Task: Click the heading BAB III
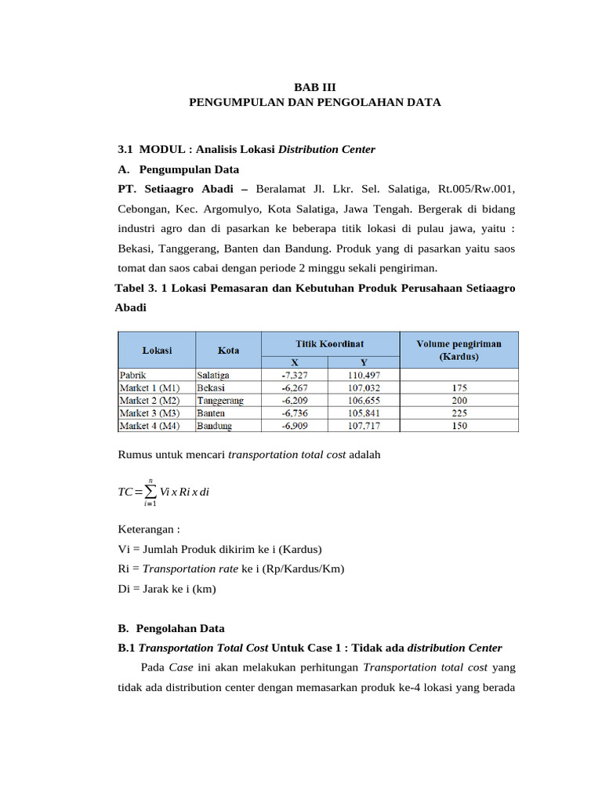[314, 88]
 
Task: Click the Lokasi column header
[157, 350]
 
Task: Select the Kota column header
[228, 350]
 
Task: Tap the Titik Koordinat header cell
[329, 343]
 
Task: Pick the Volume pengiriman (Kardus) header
[459, 350]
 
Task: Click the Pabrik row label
[133, 375]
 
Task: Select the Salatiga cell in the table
[213, 375]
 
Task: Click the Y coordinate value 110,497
[364, 375]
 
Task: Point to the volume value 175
[459, 387]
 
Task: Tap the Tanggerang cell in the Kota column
[220, 400]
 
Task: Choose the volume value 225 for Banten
[459, 412]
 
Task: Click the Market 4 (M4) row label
[149, 425]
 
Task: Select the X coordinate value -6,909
[295, 425]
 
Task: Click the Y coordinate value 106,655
[364, 400]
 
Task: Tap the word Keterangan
[147, 529]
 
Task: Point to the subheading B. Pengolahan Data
[171, 628]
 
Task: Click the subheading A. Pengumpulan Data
[178, 169]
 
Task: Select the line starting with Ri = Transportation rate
[230, 569]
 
